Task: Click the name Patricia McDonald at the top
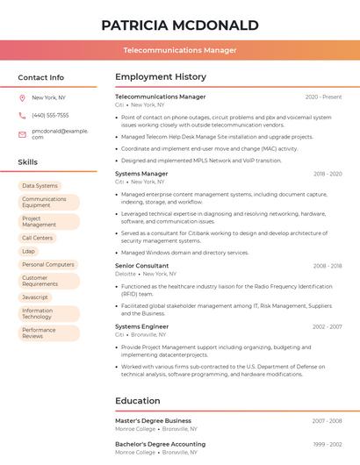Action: [180, 25]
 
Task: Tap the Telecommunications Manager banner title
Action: [180, 50]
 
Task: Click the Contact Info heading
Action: [41, 77]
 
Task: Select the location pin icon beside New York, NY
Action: [22, 98]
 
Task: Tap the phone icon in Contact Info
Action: [22, 115]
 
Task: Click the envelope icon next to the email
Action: [22, 133]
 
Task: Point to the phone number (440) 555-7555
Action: [50, 115]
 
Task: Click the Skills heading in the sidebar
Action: [28, 162]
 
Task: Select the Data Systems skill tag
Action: [40, 186]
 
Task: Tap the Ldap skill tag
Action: [29, 251]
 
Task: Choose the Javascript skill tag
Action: [35, 297]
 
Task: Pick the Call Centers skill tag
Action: [38, 238]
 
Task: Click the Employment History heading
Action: [161, 77]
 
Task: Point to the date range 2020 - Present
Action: [323, 97]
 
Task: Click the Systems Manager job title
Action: [141, 174]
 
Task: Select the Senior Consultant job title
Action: [142, 265]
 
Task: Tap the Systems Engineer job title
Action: [142, 326]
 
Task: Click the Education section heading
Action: [138, 401]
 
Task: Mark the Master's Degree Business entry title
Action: [153, 421]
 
